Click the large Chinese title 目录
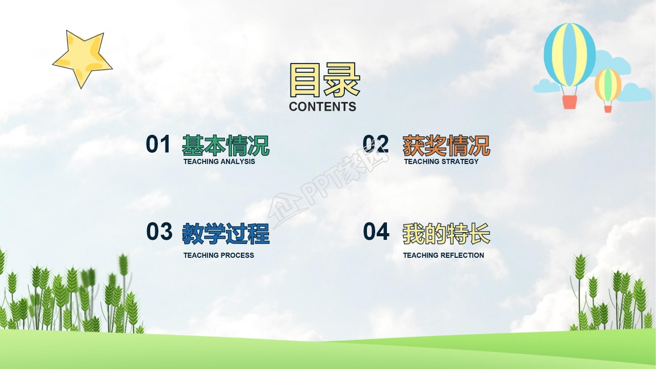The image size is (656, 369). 324,80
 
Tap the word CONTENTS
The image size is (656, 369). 322,107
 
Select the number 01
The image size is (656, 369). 158,144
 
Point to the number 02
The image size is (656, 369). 376,144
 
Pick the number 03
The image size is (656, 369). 159,231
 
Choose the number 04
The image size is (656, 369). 376,231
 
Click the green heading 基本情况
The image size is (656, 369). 226,146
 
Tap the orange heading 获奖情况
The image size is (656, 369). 446,146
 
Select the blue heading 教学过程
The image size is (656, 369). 226,234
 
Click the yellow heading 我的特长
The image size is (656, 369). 446,234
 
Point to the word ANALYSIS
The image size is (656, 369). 238,161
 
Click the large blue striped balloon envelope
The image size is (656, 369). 569,55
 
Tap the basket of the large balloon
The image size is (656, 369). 569,102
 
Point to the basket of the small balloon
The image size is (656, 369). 608,109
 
